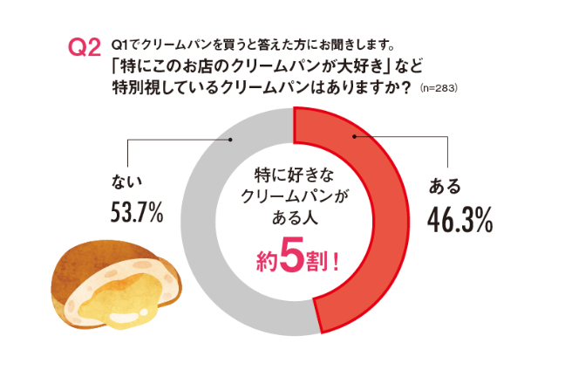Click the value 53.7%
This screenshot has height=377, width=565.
137,212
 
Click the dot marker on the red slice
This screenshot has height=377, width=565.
353,137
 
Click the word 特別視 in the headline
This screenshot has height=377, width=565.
137,87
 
